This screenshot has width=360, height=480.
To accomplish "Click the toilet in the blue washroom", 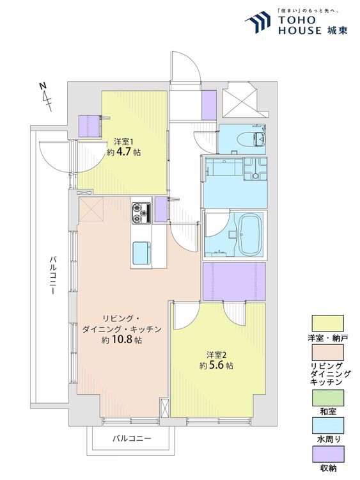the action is click(258, 140).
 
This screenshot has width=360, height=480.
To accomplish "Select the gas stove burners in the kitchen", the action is click(141, 213).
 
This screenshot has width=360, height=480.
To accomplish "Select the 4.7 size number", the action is click(123, 152).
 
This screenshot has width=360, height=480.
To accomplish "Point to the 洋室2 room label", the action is click(216, 355).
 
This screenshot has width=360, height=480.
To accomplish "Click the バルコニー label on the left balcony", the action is click(52, 275).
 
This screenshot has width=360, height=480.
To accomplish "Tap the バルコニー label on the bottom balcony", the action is click(132, 438).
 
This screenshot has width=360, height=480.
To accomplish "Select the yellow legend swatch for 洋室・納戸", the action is click(327, 323).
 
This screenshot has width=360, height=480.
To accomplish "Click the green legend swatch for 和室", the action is click(327, 397).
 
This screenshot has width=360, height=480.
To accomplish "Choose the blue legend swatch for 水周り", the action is click(327, 425).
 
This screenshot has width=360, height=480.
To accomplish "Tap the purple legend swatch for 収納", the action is click(327, 454).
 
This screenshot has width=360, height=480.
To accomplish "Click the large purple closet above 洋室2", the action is click(234, 282).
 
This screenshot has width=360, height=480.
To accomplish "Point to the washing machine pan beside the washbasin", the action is click(255, 168).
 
